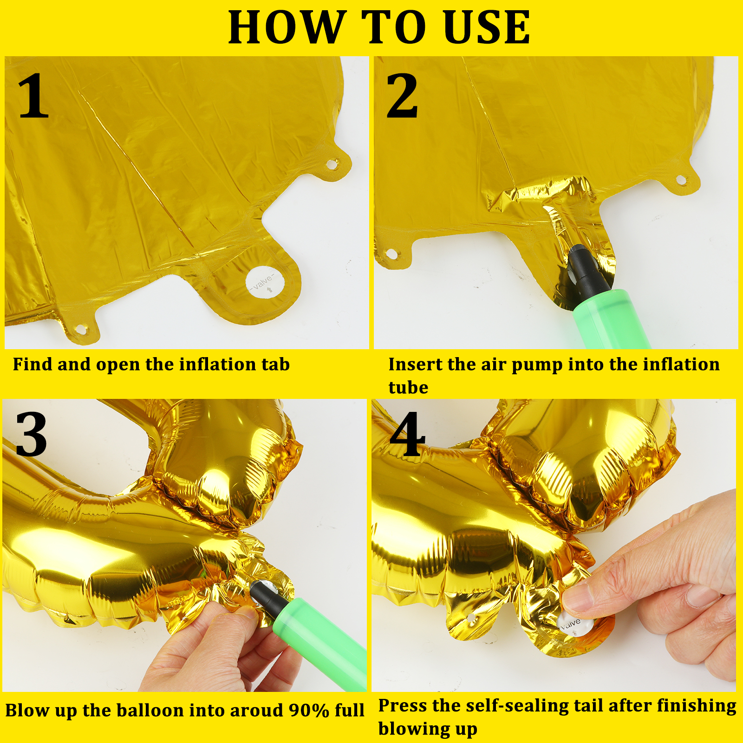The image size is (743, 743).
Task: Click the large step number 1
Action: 33,96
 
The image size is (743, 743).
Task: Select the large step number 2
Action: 402,96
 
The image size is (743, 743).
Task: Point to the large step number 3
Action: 31,435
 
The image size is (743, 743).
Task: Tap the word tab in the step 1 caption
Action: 275,365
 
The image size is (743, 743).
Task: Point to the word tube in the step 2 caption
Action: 408,387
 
